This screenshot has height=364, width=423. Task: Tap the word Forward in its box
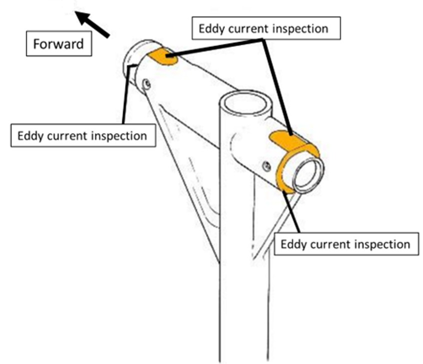(x=58, y=44)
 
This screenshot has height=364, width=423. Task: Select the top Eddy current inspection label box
(x=266, y=28)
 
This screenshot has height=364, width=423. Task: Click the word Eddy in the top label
(x=211, y=28)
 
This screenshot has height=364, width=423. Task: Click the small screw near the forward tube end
(x=146, y=84)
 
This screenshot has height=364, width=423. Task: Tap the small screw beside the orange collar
(x=267, y=166)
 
